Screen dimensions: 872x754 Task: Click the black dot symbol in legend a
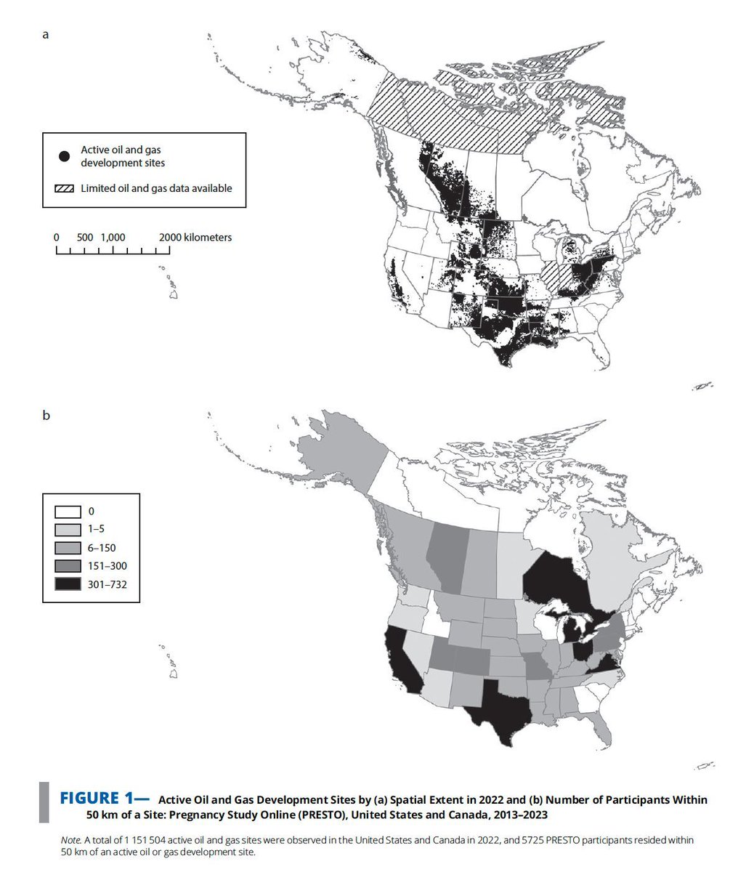click(65, 156)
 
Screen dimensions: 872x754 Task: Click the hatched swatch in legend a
click(65, 188)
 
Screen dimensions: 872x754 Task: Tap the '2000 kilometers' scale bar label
click(195, 238)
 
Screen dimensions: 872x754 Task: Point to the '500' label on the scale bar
click(84, 238)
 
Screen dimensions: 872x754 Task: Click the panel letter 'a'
click(46, 33)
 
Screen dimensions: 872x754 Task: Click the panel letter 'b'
click(46, 416)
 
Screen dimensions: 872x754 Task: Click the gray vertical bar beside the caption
click(44, 802)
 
